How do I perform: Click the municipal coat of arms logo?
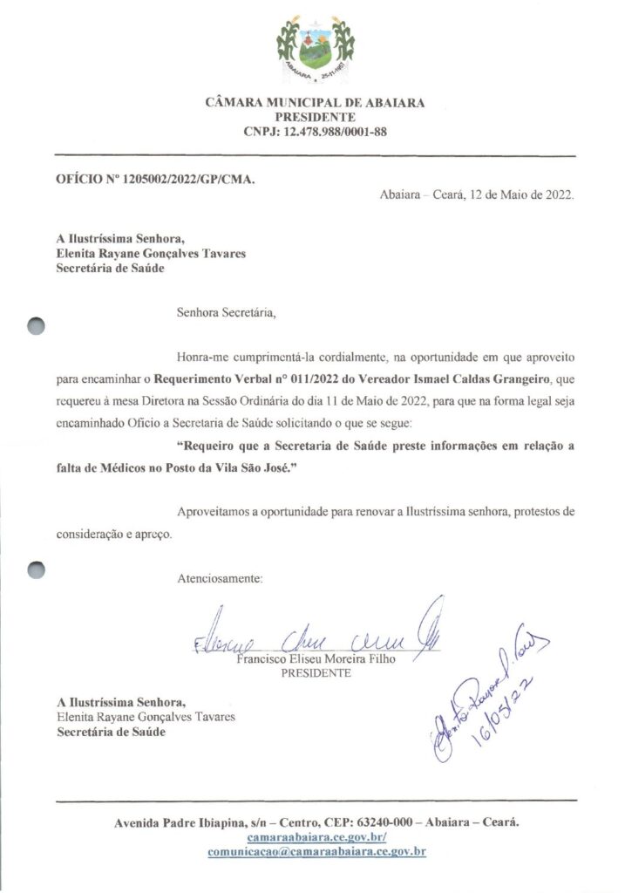(315, 48)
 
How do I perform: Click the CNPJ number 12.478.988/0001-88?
(335, 132)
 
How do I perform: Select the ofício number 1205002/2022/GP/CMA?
(192, 180)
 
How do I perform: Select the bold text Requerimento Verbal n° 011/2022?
(246, 381)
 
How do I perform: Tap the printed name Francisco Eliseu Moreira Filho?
(316, 659)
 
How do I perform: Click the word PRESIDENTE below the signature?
(316, 673)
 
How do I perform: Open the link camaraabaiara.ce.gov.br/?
(316, 836)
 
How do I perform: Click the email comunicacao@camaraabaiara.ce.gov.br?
(316, 852)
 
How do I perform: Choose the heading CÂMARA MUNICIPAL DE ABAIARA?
(315, 103)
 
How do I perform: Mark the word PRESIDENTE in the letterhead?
(315, 117)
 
